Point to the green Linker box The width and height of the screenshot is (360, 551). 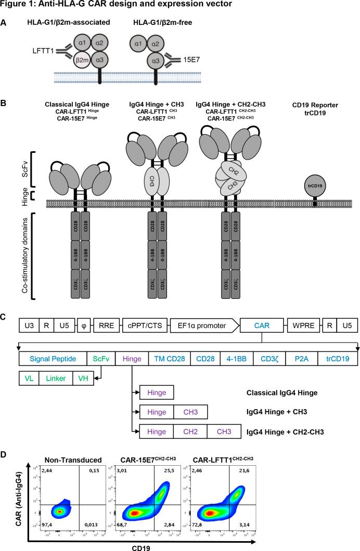pyautogui.click(x=54, y=378)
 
